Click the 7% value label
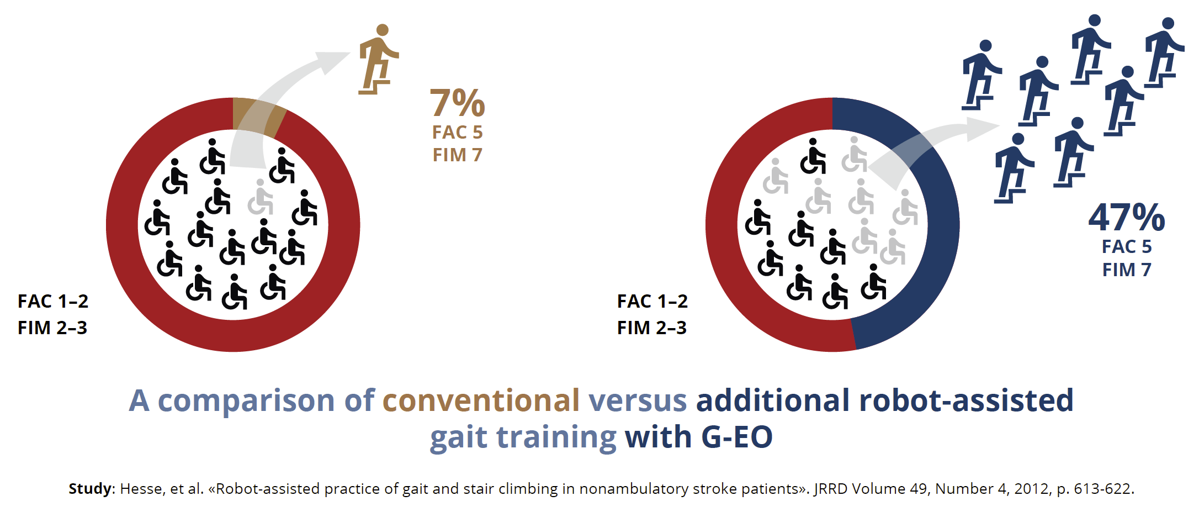pos(457,103)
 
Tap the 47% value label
pos(1126,218)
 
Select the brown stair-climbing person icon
pos(378,59)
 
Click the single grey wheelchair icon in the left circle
pos(261,197)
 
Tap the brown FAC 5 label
pos(457,133)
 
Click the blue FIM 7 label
pos(1126,270)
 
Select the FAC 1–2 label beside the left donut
pos(53,302)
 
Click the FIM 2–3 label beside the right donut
pos(651,328)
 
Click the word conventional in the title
pos(481,401)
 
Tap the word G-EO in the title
pos(736,437)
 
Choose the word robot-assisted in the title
pos(966,401)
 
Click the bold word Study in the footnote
pos(90,489)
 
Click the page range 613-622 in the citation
pos(1102,489)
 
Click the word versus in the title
pos(638,401)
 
